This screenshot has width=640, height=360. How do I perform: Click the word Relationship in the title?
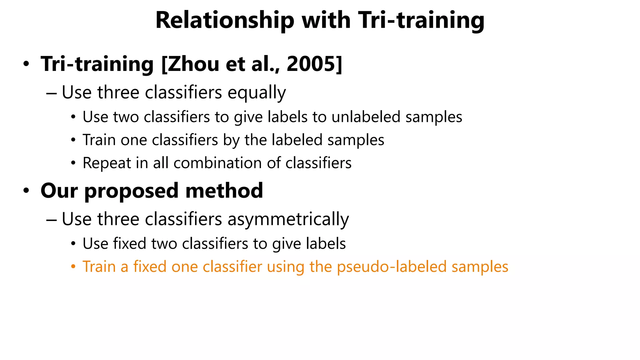point(225,20)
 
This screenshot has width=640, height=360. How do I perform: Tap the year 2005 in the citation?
point(312,64)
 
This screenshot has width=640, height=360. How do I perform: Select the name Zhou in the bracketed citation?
point(194,64)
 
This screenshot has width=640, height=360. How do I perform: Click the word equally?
point(257,93)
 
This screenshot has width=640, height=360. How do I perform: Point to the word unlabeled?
point(366,117)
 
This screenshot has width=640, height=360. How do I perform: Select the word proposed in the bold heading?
point(132,191)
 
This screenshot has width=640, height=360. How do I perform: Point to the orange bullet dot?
point(73,267)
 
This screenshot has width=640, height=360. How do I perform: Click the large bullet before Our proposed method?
point(26,191)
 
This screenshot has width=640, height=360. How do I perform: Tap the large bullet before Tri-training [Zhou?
point(26,64)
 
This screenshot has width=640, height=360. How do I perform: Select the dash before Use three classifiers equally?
point(51,93)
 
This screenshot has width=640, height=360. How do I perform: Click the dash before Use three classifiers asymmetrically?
point(51,219)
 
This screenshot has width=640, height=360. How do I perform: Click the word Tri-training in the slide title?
point(421,20)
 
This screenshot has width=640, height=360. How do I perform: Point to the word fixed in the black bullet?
point(129,243)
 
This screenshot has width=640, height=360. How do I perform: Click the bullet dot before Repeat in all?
point(73,163)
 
